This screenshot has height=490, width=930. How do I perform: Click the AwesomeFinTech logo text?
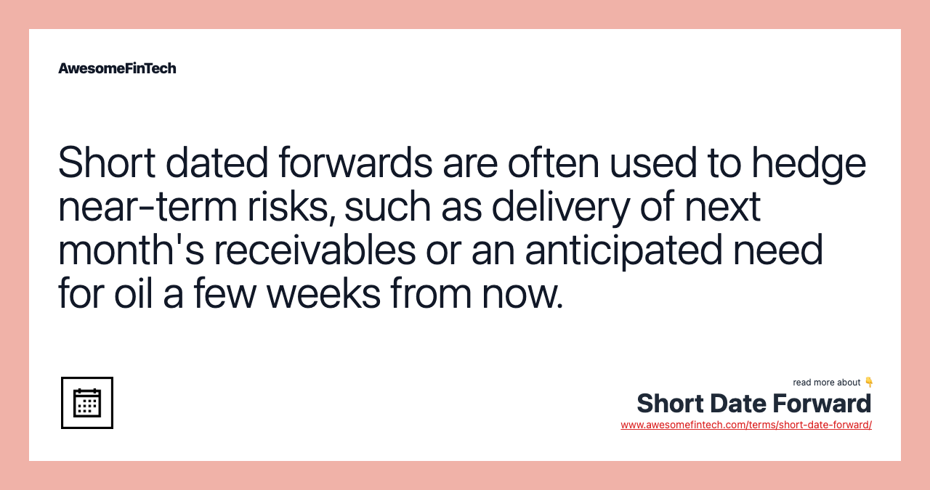pyautogui.click(x=117, y=68)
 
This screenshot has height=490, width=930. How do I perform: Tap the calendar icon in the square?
pyautogui.click(x=87, y=403)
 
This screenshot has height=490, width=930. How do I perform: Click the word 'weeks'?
pyautogui.click(x=323, y=294)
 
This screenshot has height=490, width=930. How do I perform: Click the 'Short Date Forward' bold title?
pyautogui.click(x=753, y=404)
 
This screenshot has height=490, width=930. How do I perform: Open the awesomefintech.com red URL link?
pyautogui.click(x=745, y=425)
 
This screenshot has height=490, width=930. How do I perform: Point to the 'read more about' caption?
pyautogui.click(x=826, y=383)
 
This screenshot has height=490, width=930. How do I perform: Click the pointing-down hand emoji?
pyautogui.click(x=868, y=383)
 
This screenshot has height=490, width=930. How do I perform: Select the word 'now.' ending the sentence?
pyautogui.click(x=522, y=294)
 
